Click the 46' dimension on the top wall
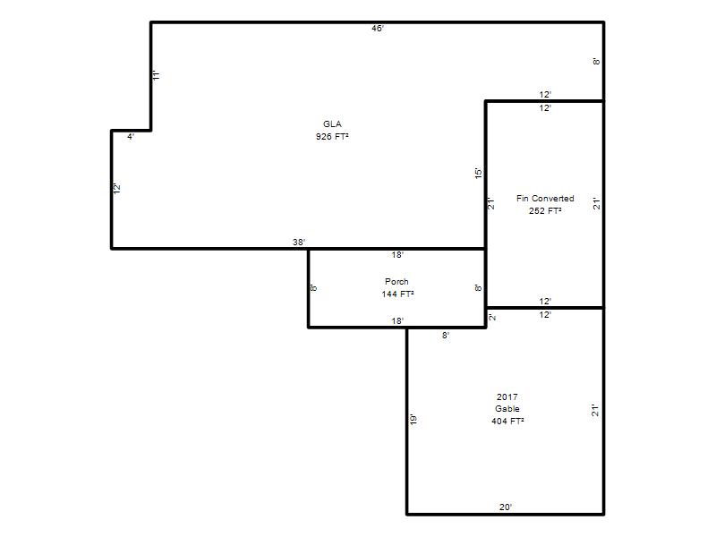[x=378, y=29]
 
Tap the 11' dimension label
[x=156, y=75]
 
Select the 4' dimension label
[x=131, y=137]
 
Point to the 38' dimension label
[x=299, y=242]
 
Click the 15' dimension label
[x=478, y=173]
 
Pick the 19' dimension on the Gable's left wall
[x=413, y=420]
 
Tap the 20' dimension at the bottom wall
[x=506, y=507]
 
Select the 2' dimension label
[x=491, y=317]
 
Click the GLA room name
[x=332, y=124]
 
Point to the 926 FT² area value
[x=332, y=137]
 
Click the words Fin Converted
[x=545, y=199]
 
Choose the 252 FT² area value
[x=545, y=211]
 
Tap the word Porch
[x=396, y=282]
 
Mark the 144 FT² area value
[x=397, y=294]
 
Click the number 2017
[x=507, y=396]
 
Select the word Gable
[x=507, y=409]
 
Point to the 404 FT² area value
[x=507, y=421]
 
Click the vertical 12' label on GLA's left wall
[x=117, y=188]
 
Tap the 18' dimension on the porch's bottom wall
[x=397, y=321]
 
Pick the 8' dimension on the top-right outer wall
[x=596, y=61]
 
